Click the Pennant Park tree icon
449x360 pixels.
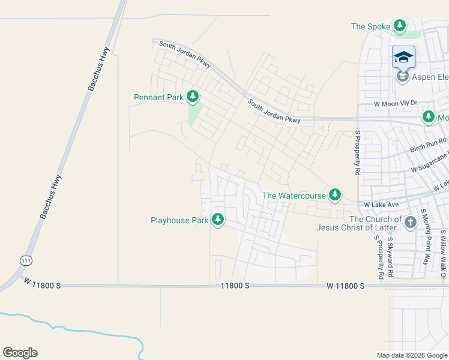coord(193,96)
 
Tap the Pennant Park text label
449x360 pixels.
coord(158,97)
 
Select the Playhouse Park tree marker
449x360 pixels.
coord(218,220)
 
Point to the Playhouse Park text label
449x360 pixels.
coord(179,221)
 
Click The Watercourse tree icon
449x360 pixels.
coord(336,195)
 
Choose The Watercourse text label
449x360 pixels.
coord(294,196)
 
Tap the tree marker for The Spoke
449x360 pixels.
coord(400,26)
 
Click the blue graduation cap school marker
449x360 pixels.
coord(403,57)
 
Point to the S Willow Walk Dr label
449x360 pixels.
coord(444,252)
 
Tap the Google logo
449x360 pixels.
coord(20,353)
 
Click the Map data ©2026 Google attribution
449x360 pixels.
coord(411,355)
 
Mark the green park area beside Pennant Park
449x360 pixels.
coord(194,115)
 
